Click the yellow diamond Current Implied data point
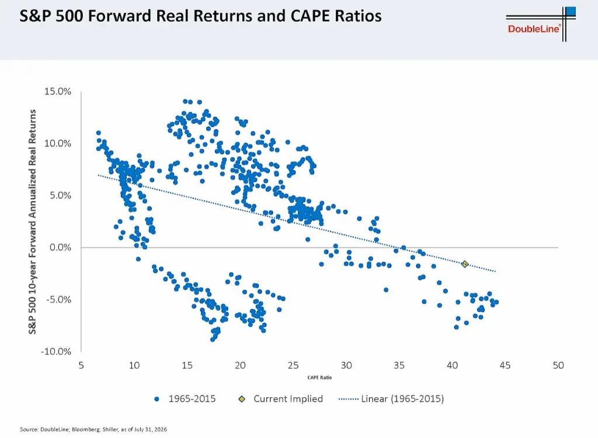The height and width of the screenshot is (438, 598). (x=464, y=264)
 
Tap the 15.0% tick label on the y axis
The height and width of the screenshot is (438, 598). (x=58, y=92)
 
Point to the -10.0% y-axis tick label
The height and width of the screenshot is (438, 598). (x=56, y=352)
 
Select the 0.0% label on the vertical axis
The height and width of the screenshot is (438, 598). (x=60, y=248)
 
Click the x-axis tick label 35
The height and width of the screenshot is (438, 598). (x=399, y=366)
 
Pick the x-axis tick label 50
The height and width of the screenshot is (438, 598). (x=558, y=366)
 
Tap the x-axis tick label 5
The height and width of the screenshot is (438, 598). (x=81, y=366)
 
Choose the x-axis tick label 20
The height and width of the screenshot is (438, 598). (x=240, y=366)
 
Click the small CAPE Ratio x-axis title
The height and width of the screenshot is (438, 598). (x=319, y=378)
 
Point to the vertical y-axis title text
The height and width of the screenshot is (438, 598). (x=33, y=222)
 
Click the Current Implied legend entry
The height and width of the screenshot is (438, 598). (x=281, y=399)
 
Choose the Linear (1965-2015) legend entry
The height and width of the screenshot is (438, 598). (x=391, y=399)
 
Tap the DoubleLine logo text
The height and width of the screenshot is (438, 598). (x=534, y=29)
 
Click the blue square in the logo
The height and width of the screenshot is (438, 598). (x=571, y=11)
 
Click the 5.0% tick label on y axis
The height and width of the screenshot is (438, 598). (x=60, y=196)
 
